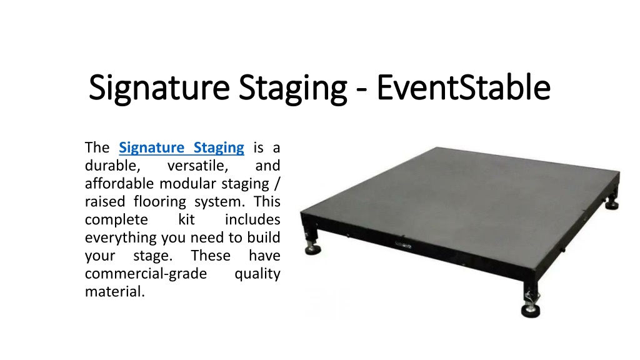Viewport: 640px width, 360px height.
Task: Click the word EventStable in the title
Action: [x=463, y=87]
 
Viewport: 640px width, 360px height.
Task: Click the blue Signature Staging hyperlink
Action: [x=182, y=147]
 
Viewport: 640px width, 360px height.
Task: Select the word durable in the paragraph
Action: [x=112, y=166]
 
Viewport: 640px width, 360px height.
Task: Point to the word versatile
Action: [x=197, y=166]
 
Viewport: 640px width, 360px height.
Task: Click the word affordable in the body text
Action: [x=120, y=184]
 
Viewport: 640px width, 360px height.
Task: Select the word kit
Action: [x=186, y=219]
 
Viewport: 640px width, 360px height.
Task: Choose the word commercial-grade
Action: [x=146, y=274]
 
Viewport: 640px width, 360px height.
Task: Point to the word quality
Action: [x=257, y=274]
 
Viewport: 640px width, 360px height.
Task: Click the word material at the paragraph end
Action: [x=115, y=292]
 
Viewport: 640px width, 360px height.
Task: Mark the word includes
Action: [x=252, y=219]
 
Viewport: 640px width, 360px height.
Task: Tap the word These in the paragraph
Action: [x=211, y=256]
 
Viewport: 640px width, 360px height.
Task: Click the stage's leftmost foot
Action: [x=312, y=247]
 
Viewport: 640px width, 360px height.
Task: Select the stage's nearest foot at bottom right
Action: [x=531, y=309]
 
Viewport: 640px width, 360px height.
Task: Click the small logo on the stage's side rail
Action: [x=403, y=245]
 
